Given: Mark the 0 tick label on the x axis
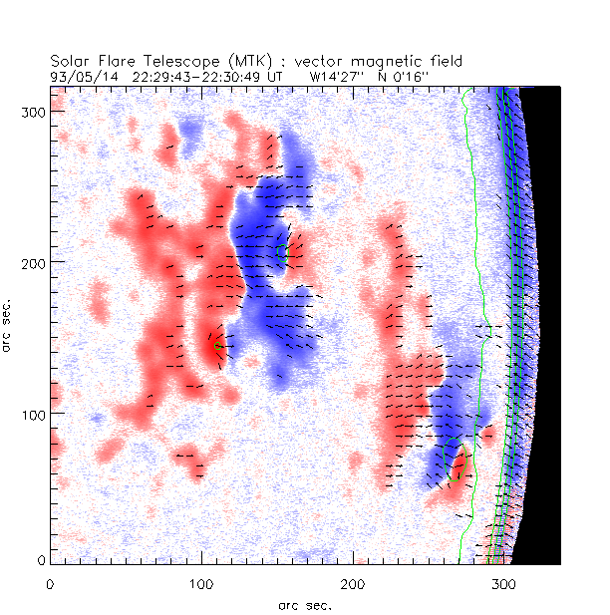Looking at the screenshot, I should (x=50, y=582).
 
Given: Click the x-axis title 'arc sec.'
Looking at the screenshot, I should (x=304, y=603).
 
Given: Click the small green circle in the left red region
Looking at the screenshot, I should (x=216, y=346).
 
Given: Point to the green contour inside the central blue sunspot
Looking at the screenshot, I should (x=282, y=252).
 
